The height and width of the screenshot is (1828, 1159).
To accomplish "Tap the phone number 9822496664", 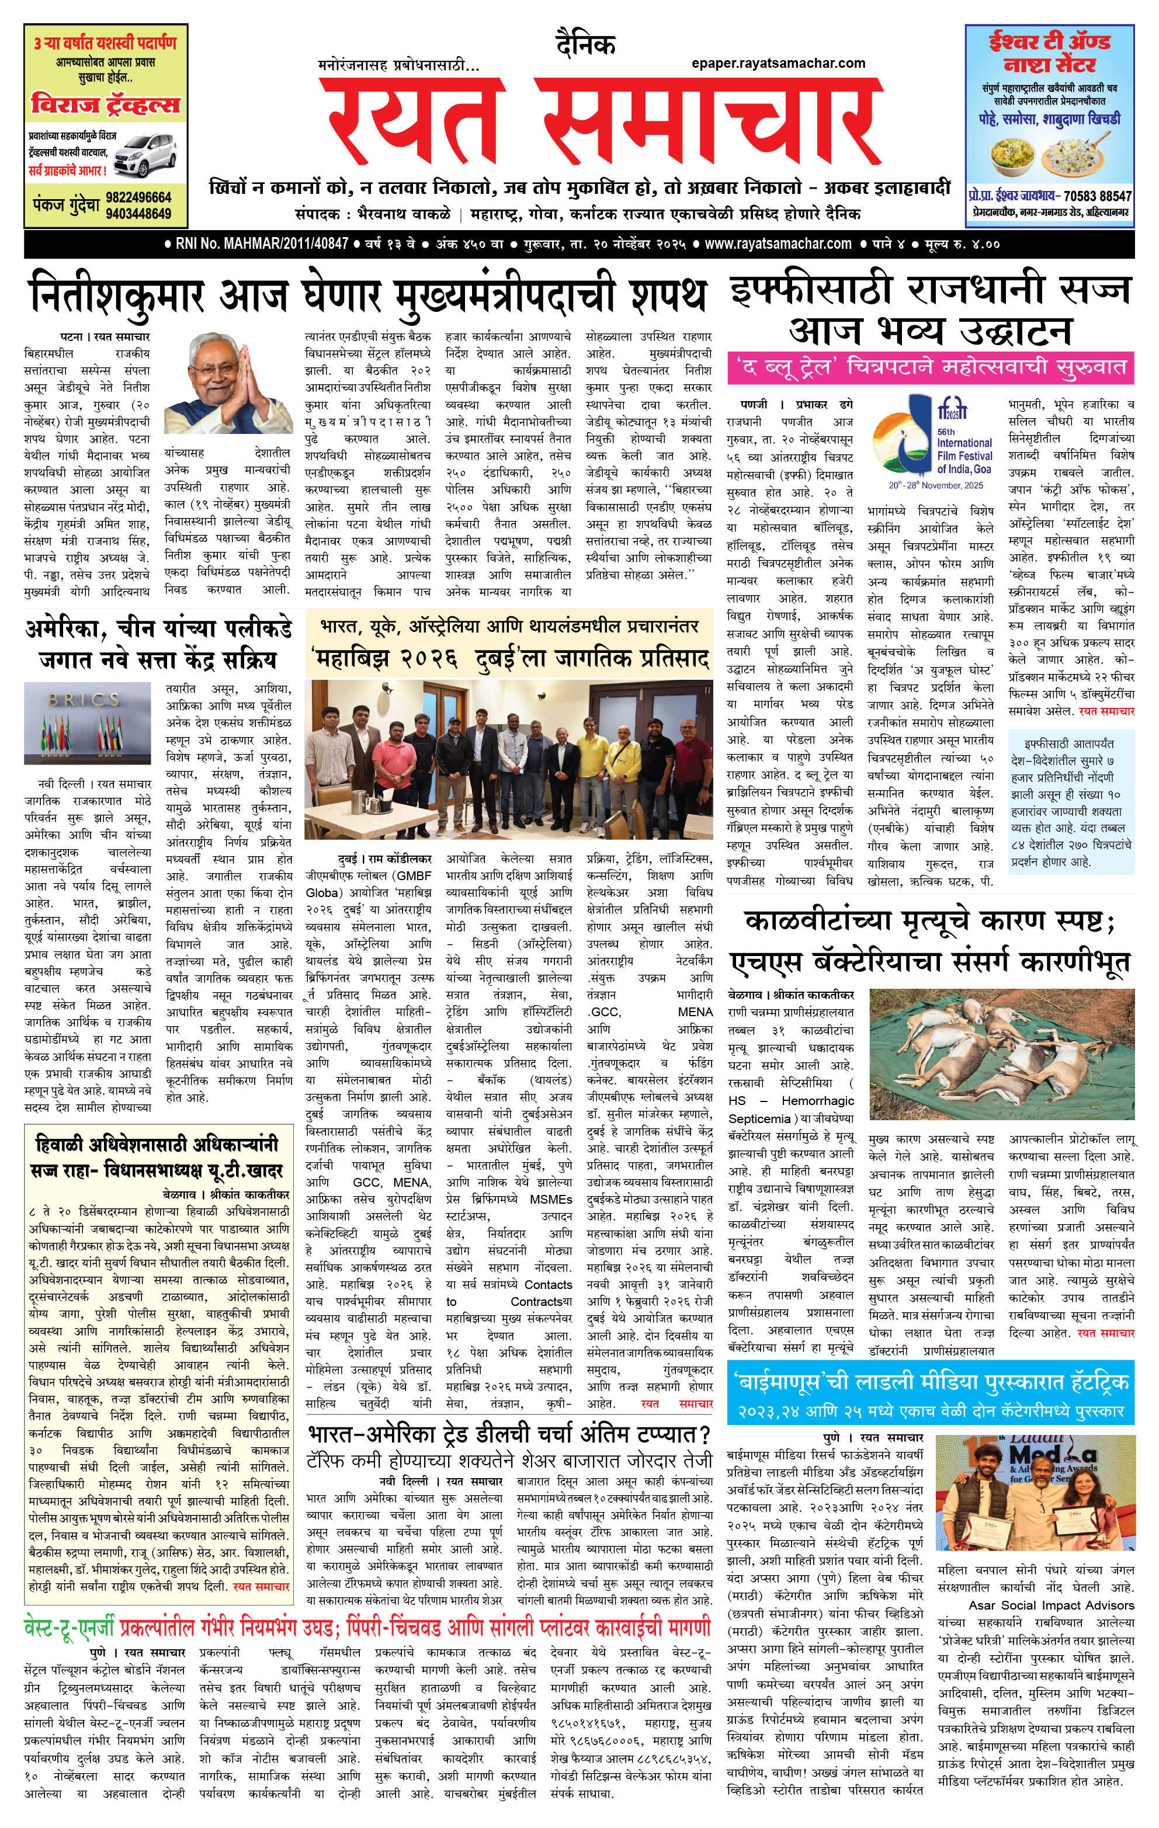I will (138, 197).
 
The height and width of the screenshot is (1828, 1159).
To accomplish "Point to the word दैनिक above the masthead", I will (585, 46).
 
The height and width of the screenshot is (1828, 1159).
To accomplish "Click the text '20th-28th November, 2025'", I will (936, 486).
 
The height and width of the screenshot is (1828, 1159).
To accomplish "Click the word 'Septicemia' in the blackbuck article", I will (759, 1118).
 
